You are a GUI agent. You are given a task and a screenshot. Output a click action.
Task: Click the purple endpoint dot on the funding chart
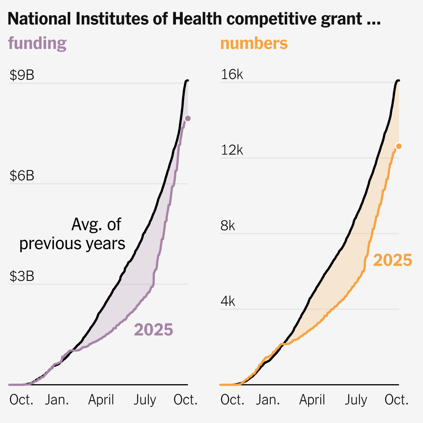pos(187,118)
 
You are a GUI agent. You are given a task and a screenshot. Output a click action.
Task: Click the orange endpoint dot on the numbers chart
pos(398,146)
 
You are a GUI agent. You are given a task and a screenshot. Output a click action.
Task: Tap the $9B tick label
pos(22,76)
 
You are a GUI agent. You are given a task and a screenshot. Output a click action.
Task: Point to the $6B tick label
pos(22,176)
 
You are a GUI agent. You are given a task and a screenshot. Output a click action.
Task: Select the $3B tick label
pos(22,276)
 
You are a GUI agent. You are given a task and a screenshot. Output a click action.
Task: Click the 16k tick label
pos(232,75)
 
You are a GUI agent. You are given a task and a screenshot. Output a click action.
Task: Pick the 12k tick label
pos(232,151)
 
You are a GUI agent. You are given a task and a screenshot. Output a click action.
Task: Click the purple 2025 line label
pos(154,330)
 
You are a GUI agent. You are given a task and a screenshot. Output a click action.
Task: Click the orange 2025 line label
pos(393,261)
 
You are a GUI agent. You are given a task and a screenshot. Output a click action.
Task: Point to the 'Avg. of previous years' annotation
pos(73,234)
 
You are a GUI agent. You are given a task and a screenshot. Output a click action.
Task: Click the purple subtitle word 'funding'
pos(37,43)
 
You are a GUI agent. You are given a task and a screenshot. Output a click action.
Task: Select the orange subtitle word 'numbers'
pos(254,43)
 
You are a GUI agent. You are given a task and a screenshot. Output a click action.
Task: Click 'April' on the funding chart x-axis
pos(101,400)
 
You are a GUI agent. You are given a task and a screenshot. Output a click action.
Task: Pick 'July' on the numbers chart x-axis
pos(355,400)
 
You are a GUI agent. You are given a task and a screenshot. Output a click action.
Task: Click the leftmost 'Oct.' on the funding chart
pos(21,400)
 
